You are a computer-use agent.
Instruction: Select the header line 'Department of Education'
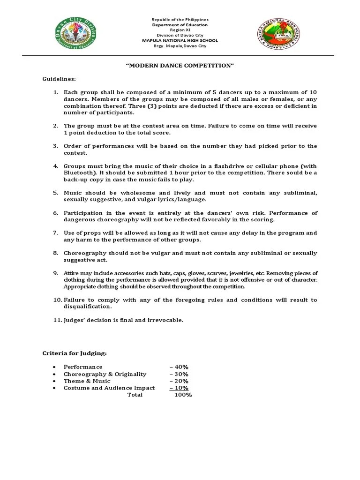[x=180, y=25]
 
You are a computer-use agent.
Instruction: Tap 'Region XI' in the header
[x=180, y=30]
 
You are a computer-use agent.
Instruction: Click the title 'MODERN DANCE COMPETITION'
[x=180, y=65]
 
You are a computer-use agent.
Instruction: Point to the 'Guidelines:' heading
[x=59, y=79]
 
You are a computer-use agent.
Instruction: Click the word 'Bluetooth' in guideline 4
[x=80, y=172]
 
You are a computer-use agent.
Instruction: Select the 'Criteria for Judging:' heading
[x=75, y=353]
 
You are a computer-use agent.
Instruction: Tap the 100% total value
[x=183, y=395]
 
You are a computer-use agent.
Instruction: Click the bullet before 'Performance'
[x=55, y=367]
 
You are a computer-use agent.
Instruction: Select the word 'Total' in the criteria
[x=135, y=395]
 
